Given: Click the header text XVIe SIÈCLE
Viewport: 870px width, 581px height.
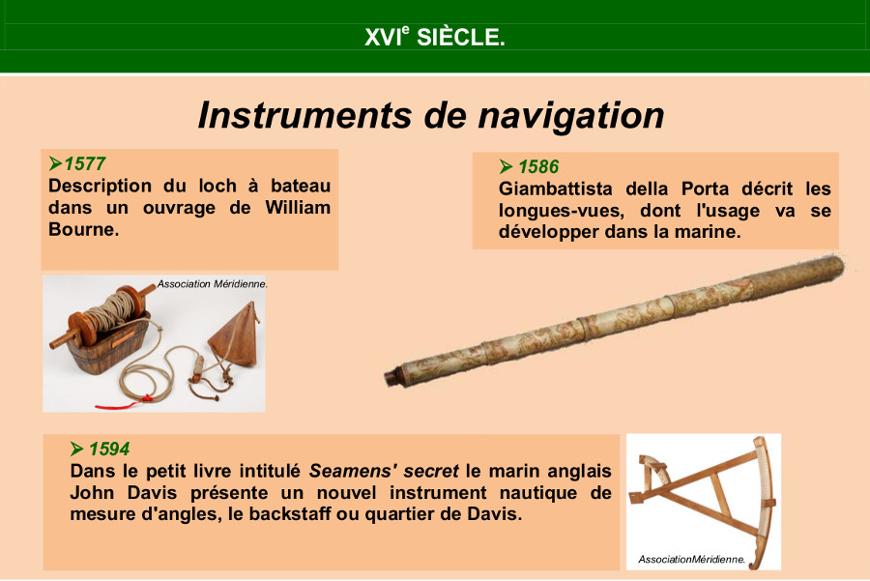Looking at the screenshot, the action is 434,37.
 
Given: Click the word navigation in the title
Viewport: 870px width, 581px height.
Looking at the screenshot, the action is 571,115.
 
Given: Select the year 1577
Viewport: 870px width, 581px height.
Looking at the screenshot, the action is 85,163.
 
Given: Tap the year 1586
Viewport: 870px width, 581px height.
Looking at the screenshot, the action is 538,166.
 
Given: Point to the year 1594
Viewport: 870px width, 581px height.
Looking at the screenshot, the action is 109,449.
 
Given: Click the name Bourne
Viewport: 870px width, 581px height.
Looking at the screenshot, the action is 84,229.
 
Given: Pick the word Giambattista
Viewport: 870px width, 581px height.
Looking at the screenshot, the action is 556,189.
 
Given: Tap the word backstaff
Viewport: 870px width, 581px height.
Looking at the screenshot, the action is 287,514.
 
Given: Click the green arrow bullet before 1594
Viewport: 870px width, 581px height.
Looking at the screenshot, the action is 77,449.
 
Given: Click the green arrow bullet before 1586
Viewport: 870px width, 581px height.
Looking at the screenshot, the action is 506,166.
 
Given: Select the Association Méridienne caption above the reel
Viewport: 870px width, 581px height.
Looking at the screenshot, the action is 212,284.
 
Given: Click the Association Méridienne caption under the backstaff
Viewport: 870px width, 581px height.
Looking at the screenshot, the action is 691,560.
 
